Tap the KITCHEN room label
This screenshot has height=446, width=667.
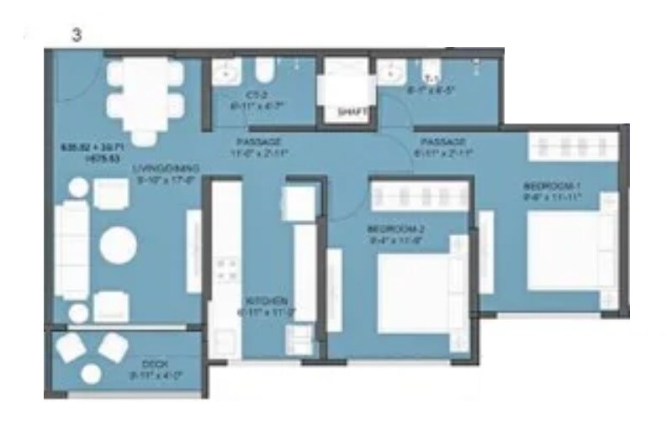(267, 301)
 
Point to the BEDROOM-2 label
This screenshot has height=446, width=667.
(391, 229)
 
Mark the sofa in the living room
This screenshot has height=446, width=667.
(71, 244)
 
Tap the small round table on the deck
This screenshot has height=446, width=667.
(92, 373)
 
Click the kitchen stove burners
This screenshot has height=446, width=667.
(226, 270)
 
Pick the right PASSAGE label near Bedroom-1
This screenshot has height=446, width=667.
(442, 142)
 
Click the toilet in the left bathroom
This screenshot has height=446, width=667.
(263, 71)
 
